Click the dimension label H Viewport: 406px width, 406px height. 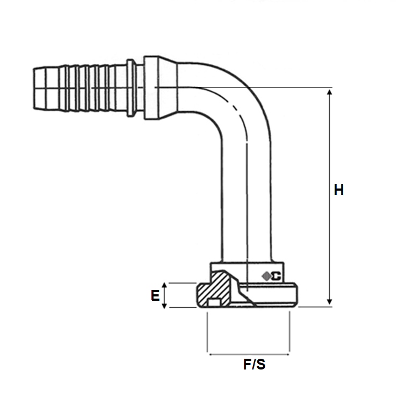(338, 190)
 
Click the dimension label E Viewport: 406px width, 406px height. (155, 295)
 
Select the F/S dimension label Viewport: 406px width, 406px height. (254, 365)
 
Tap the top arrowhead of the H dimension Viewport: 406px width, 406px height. (330, 92)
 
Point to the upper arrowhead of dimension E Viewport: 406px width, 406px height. (166, 286)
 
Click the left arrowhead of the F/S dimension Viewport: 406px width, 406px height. (211, 354)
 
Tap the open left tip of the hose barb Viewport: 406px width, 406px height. (34, 85)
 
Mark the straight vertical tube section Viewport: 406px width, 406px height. (247, 204)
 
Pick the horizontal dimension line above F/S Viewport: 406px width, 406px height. (249, 354)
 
